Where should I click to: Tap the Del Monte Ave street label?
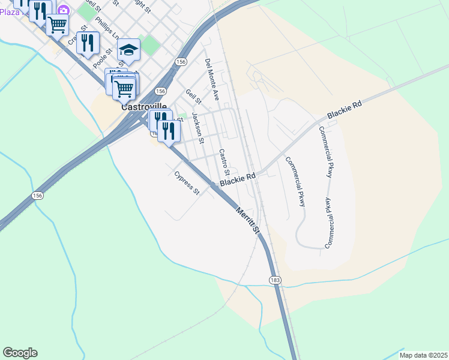coord(212,79)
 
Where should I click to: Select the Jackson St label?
coord(198,127)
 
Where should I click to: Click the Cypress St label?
coord(186,184)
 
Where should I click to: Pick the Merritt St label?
coord(247,221)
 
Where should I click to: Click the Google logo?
coord(20,353)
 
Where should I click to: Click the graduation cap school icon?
coord(128,49)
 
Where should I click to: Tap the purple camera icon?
coord(62,10)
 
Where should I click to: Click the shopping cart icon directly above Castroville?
coord(124,89)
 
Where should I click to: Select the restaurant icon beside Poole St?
coord(88,42)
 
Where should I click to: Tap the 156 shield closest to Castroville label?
coord(160,91)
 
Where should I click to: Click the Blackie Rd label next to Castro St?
coord(238,179)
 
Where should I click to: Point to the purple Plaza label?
coord(9,11)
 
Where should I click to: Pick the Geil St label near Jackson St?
coord(191,96)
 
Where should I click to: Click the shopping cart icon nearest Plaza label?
coord(57,25)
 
